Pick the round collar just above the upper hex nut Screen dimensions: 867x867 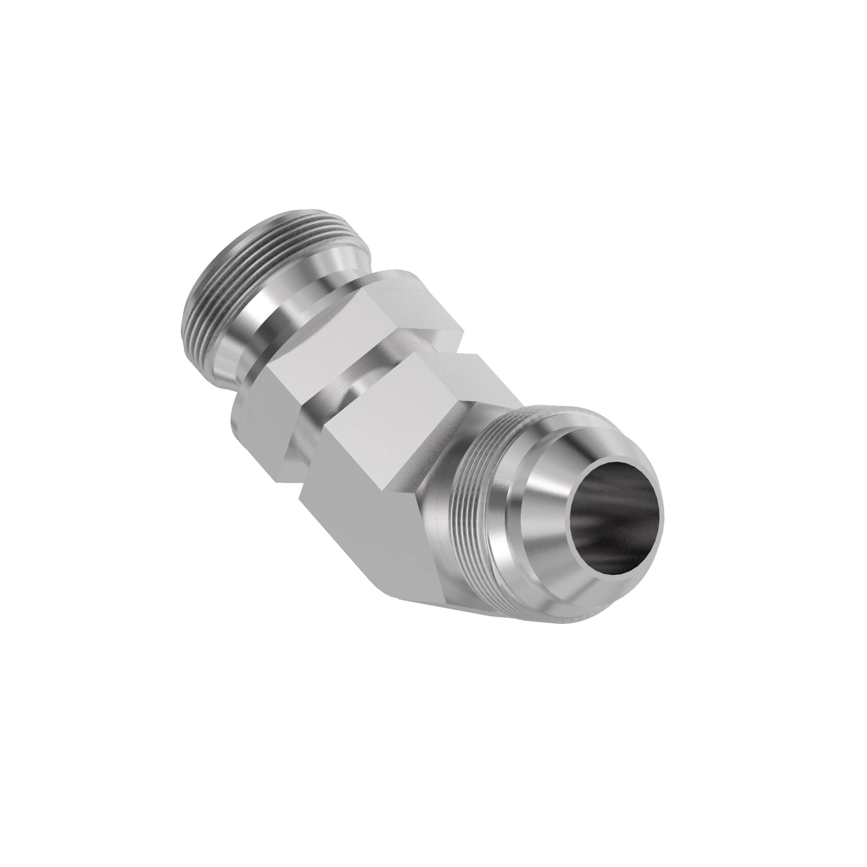pos(287,310)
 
